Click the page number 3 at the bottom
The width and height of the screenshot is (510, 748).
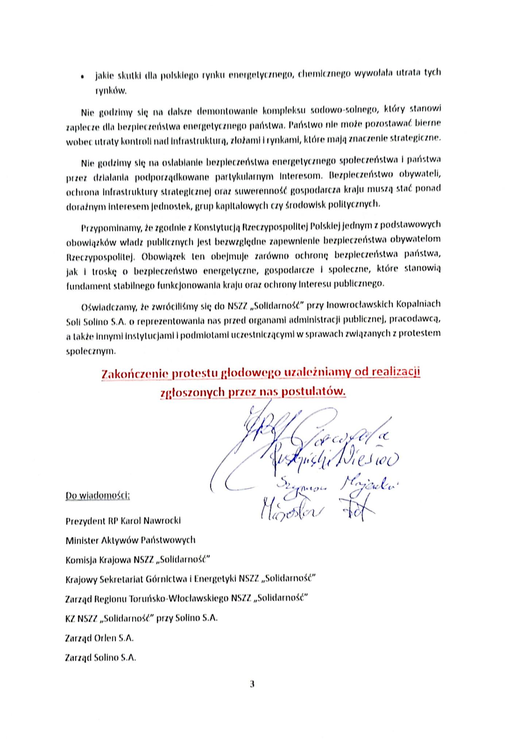pyautogui.click(x=252, y=684)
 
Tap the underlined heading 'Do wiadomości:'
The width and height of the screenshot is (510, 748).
pyautogui.click(x=97, y=496)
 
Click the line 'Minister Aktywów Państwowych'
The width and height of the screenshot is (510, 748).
pyautogui.click(x=130, y=540)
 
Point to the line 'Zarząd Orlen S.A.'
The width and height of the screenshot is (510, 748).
pyautogui.click(x=99, y=638)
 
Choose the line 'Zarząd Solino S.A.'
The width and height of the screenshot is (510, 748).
pyautogui.click(x=100, y=658)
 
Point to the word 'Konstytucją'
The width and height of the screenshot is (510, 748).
pyautogui.click(x=216, y=228)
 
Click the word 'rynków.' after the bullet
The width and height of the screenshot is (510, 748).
pyautogui.click(x=111, y=91)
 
